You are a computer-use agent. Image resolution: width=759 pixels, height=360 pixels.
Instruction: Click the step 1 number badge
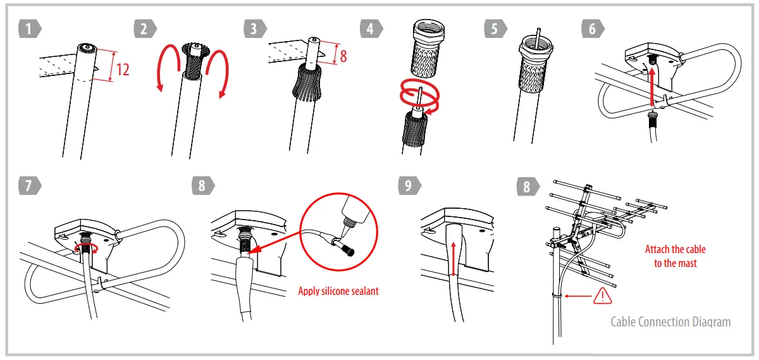pyautogui.click(x=29, y=28)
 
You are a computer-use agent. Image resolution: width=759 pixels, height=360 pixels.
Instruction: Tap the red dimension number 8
pyautogui.click(x=343, y=56)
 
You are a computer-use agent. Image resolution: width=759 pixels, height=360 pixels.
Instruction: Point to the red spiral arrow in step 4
pyautogui.click(x=417, y=96)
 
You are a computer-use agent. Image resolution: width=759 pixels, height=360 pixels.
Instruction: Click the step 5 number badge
pyautogui.click(x=495, y=28)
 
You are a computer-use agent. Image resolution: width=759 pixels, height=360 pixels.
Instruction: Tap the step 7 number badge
pyautogui.click(x=29, y=186)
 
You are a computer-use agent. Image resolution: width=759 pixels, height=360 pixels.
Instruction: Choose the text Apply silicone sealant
pyautogui.click(x=338, y=292)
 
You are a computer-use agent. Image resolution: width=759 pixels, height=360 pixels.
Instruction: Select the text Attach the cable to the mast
pyautogui.click(x=675, y=256)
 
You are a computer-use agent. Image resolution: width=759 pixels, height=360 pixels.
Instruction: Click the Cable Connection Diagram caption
pyautogui.click(x=670, y=322)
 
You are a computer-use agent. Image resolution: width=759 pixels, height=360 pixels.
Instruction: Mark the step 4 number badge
pyautogui.click(x=371, y=28)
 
